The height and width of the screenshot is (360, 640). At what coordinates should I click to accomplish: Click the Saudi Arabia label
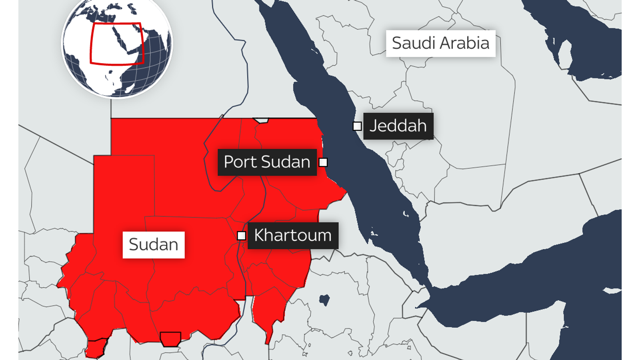pos(440,43)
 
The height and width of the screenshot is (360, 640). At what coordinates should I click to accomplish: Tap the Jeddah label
pos(398,126)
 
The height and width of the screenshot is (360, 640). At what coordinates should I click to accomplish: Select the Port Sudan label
pos(267,162)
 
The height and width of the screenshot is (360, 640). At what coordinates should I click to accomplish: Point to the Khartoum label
pos(293,236)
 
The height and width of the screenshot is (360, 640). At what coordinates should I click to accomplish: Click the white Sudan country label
pos(153,245)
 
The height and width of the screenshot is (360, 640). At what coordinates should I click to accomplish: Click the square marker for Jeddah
pos(357,126)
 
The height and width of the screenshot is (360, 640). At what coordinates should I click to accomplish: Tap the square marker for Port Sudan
pos(323,162)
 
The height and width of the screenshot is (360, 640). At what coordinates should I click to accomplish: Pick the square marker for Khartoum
pos(241,236)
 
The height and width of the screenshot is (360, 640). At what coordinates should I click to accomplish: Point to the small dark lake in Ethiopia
pos(324,300)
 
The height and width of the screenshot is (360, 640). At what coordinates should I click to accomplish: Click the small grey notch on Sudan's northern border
pos(261,120)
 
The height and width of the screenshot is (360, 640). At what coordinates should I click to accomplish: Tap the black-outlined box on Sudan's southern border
pos(170,339)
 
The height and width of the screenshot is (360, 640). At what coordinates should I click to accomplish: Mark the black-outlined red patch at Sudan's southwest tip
pos(96,348)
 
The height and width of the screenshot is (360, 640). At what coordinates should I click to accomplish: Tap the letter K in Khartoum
pos(260,236)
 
